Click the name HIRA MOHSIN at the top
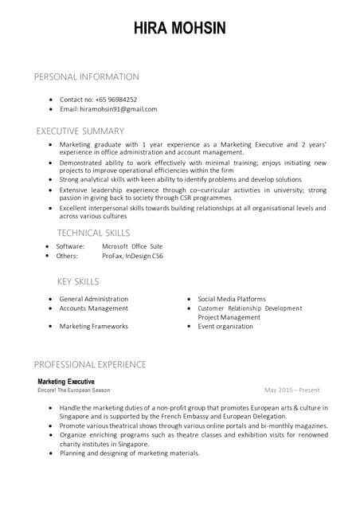[x=180, y=29]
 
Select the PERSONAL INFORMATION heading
[x=86, y=77]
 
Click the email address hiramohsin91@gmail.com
[x=108, y=109]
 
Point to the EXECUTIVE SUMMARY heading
[x=80, y=131]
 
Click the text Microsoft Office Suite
[x=132, y=247]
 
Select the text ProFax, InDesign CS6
[x=132, y=257]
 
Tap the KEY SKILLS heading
[x=78, y=281]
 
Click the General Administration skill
[x=93, y=299]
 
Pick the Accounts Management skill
[x=93, y=308]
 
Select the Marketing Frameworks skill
[x=93, y=327]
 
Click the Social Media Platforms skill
[x=232, y=299]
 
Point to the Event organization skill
[x=229, y=327]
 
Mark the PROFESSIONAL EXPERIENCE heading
[x=90, y=364]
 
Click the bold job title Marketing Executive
[x=66, y=382]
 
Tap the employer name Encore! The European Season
[x=74, y=390]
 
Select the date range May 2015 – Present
[x=292, y=390]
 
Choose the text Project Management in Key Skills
[x=229, y=317]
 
